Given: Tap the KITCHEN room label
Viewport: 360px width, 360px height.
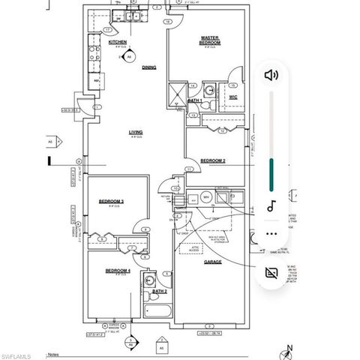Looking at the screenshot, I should tap(118, 43).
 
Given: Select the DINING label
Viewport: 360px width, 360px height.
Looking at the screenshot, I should tap(148, 67).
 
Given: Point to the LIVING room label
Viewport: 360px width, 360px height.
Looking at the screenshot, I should tap(136, 133).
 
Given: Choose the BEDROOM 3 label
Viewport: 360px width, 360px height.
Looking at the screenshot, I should tap(112, 202).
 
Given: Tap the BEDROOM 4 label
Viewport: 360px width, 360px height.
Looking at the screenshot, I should tap(117, 270).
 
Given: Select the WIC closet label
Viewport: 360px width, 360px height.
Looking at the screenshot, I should tap(232, 97).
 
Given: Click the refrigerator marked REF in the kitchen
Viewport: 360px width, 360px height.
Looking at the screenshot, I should tap(96, 80).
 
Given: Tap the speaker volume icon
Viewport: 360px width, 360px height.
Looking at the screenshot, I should tap(271, 74).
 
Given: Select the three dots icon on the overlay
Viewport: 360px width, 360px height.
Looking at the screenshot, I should tap(271, 233).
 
